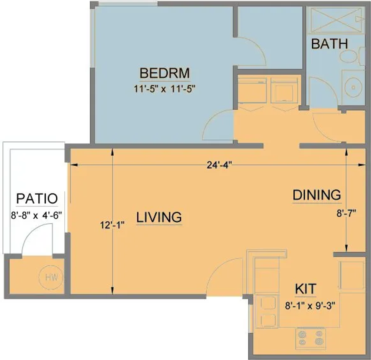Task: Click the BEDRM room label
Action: point(165,72)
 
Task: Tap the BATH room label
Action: point(329,44)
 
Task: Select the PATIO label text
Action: point(37,199)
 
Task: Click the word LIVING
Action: point(159,217)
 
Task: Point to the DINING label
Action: point(316,195)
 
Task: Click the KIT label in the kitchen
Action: point(305,288)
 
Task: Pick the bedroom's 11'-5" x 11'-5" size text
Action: point(165,89)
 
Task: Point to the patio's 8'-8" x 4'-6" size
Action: point(37,215)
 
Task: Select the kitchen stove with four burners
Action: point(310,337)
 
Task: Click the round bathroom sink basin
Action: point(352,87)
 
